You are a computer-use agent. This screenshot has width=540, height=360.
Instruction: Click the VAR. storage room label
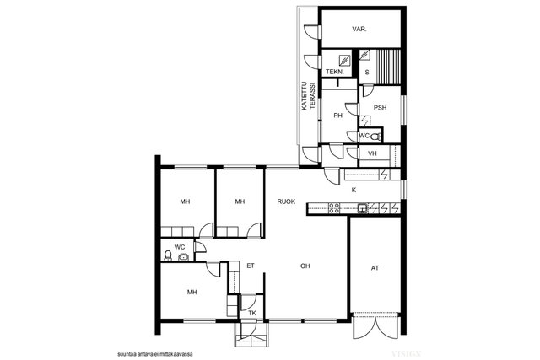point(359,30)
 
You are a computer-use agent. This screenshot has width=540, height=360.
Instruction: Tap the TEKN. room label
point(335,72)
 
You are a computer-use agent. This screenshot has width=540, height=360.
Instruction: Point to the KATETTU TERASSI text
point(308,96)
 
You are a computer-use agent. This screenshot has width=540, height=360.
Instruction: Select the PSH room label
point(380,108)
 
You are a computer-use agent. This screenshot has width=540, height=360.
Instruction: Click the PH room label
point(337,116)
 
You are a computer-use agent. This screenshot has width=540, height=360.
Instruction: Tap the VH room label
point(372,153)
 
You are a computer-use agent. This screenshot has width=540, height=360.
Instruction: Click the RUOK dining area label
point(286,201)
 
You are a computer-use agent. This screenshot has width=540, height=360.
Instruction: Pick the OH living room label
point(305,266)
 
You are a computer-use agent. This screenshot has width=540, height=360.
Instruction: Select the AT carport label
point(375,268)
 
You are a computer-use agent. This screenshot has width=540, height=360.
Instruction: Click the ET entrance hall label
point(251,266)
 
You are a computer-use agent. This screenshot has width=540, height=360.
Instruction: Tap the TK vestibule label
point(252,313)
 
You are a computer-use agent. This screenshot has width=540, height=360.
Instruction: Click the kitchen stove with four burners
point(334,208)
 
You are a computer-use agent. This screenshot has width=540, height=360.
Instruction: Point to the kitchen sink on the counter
point(362,208)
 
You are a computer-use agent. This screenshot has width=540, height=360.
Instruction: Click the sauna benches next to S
point(388,67)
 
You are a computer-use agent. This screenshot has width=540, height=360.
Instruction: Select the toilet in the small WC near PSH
point(376,137)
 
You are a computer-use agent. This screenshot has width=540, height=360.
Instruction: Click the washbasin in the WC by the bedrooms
point(183,257)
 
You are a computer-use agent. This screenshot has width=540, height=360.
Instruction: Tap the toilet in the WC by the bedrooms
point(168,255)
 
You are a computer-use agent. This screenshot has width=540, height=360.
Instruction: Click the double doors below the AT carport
point(375,325)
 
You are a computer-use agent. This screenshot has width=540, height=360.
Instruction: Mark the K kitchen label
point(354,190)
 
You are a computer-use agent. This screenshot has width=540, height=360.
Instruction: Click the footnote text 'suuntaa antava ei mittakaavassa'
point(155,354)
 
